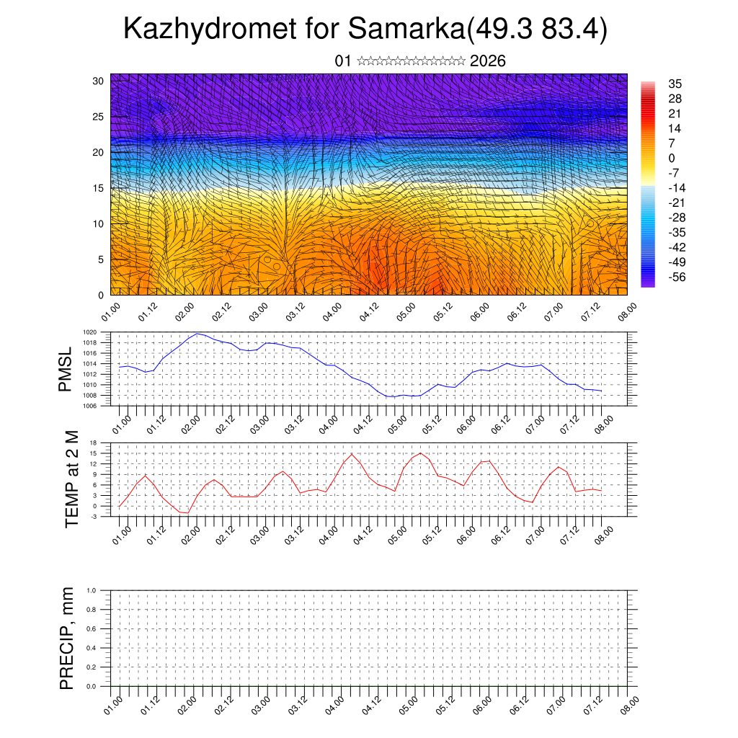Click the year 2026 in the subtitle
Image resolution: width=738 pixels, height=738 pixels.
tap(487, 61)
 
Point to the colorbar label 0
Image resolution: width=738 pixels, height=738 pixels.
tap(672, 158)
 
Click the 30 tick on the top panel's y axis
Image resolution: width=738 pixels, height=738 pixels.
tap(99, 81)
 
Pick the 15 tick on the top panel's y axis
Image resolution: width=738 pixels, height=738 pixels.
tap(99, 188)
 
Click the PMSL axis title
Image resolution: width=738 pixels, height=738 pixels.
tap(66, 370)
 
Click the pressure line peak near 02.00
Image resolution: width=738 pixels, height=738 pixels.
tap(197, 334)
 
